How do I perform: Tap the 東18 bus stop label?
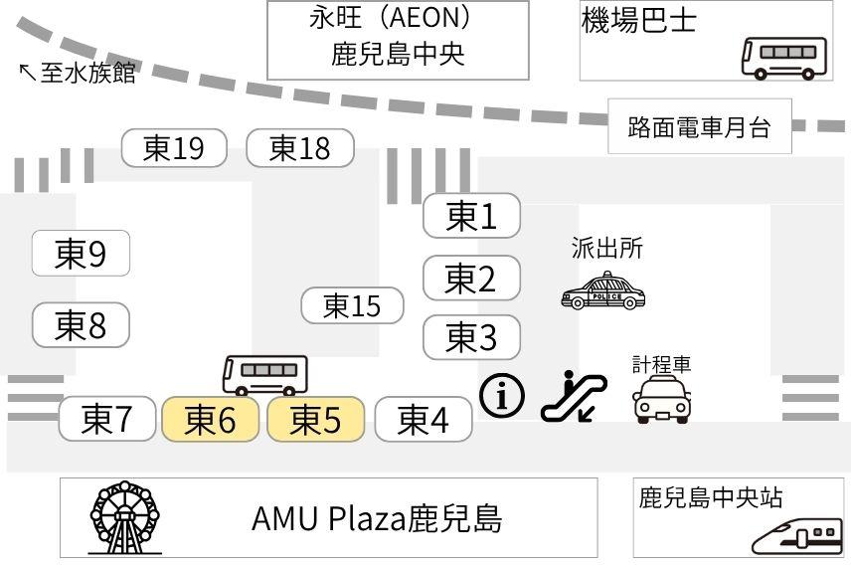[300, 148]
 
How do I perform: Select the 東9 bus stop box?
[82, 255]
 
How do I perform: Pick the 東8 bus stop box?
[82, 324]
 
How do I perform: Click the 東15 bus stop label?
[353, 305]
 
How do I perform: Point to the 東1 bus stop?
[471, 215]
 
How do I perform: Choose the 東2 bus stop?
[471, 278]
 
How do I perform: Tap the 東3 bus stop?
[471, 337]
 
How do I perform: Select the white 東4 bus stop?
[424, 419]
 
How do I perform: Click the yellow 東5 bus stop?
[315, 419]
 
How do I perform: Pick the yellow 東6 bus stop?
[211, 419]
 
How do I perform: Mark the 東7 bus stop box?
[107, 419]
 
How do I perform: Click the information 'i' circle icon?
[502, 396]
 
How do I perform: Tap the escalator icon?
[574, 396]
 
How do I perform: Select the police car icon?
[603, 291]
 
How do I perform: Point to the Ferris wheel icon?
[124, 517]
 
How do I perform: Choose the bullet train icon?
[797, 536]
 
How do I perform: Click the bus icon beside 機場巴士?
[784, 57]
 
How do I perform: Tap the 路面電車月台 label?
[699, 127]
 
